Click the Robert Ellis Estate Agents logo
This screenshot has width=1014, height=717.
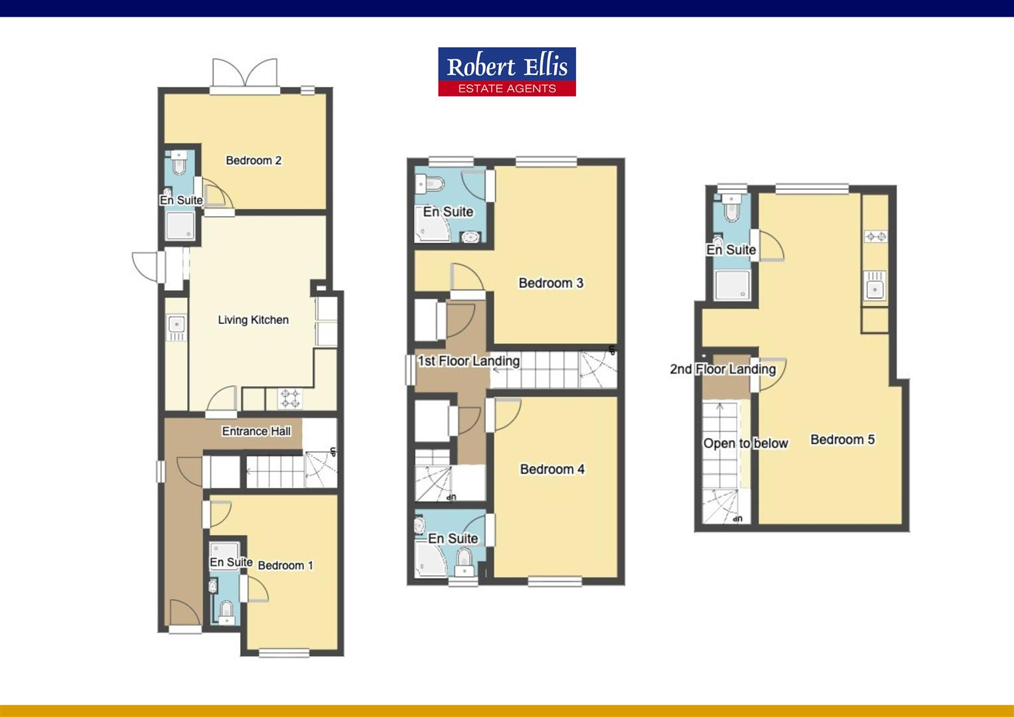tap(506, 72)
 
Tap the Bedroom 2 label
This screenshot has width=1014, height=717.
tap(254, 161)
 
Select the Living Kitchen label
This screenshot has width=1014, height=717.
tap(253, 320)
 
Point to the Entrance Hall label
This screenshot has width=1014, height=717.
tap(256, 432)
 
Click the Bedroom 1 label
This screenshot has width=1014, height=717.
tap(285, 566)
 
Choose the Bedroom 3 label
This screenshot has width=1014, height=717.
tap(551, 283)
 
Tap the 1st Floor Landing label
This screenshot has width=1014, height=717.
tap(469, 361)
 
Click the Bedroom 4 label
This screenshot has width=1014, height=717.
tap(552, 469)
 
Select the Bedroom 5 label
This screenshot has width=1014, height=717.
tap(842, 439)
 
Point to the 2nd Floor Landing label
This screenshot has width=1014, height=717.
tap(723, 369)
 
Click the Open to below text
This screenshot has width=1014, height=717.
tap(745, 443)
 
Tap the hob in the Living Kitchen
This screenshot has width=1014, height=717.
tap(290, 398)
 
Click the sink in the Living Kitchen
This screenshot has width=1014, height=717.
tap(177, 325)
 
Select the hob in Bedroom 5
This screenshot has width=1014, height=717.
tap(875, 236)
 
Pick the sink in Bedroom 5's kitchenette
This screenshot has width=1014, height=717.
tap(875, 288)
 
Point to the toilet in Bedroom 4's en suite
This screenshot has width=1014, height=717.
tap(465, 564)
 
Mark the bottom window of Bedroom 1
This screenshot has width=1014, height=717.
tap(284, 653)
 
